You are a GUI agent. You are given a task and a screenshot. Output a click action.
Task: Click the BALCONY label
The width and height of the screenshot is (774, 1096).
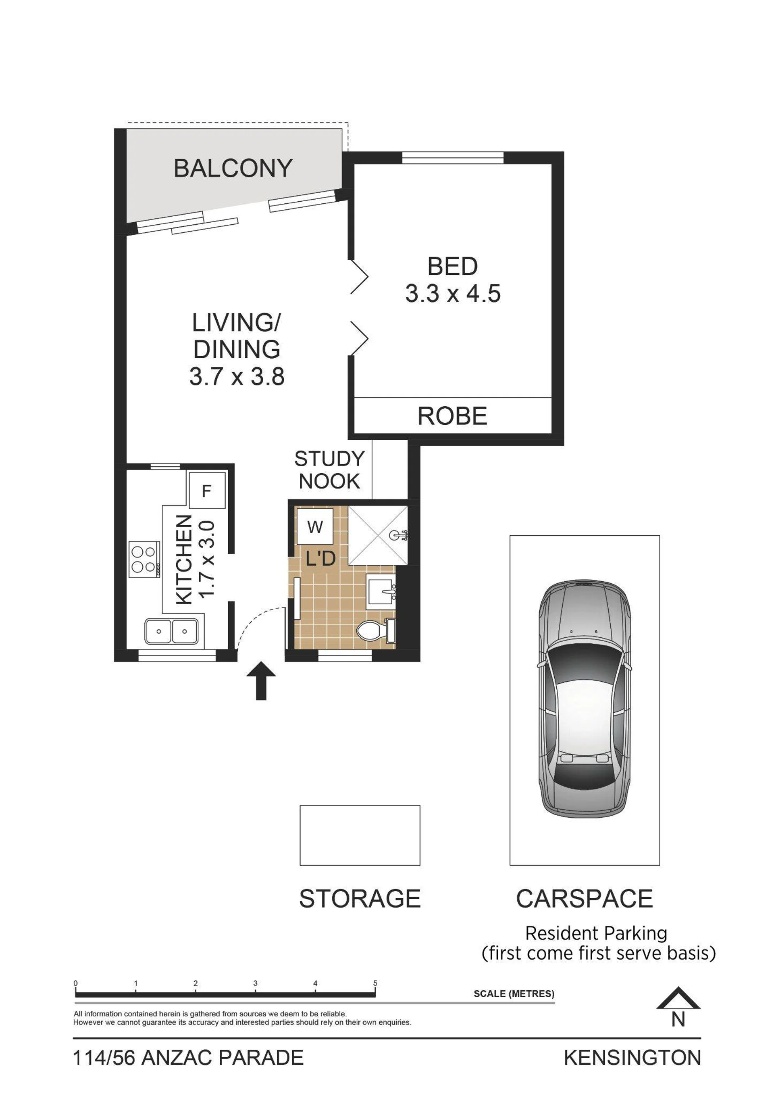[x=233, y=169]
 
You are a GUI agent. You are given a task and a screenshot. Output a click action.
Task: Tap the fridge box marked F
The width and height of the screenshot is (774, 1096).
[x=207, y=490]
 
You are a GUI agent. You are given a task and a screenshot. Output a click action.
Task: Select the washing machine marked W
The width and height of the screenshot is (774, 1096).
[x=315, y=526]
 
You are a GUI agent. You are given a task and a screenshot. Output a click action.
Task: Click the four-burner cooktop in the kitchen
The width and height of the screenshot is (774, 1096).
[x=144, y=559]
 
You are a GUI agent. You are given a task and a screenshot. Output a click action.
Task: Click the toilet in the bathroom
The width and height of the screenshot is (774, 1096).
[x=376, y=630]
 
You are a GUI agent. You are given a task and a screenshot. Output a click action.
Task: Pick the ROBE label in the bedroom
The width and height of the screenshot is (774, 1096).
[x=452, y=416]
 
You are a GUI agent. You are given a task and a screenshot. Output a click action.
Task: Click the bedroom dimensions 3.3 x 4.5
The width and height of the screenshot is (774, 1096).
[x=453, y=293]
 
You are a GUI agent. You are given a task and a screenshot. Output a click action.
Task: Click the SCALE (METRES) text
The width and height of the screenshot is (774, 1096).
[x=514, y=994]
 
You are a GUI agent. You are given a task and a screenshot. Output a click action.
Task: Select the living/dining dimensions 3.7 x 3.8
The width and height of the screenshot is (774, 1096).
[x=237, y=376]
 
